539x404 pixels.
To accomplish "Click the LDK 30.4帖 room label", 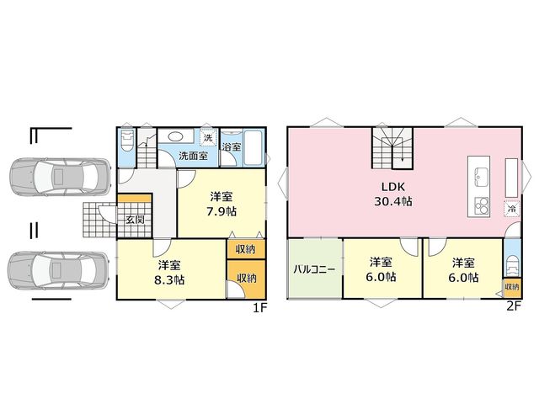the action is tap(393, 194).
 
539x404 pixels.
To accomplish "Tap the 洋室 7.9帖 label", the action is tap(221, 204).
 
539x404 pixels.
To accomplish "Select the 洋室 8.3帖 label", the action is tap(169, 273).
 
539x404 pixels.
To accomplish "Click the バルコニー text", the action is tap(314, 269).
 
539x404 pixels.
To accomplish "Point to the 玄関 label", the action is tap(135, 220).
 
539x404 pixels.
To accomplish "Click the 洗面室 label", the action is tap(193, 156).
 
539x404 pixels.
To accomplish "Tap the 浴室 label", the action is tap(232, 146).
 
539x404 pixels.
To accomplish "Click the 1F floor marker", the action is tap(260, 308).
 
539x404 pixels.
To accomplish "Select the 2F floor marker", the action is tap(514, 306).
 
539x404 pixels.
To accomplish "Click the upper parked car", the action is tap(60, 177).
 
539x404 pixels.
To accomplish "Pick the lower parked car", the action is tap(58, 270).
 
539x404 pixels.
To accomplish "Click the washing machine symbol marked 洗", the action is tap(208, 138).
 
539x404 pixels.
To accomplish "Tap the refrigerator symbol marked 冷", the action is tap(512, 208).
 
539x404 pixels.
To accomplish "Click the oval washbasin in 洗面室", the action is tap(175, 136).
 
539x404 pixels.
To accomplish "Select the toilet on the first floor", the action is tap(126, 141).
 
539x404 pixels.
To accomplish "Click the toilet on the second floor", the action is tap(512, 266).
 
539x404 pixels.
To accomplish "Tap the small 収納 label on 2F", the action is tap(512, 286).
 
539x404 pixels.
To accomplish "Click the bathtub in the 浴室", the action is tap(253, 148).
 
